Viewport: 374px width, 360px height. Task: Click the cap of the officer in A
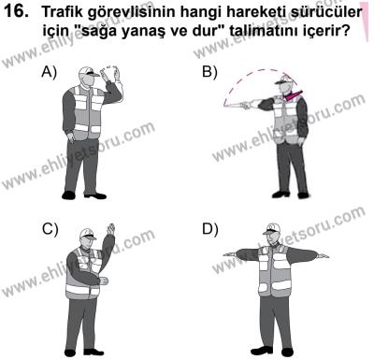(86, 72)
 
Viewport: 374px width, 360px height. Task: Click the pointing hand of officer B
(227, 106)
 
